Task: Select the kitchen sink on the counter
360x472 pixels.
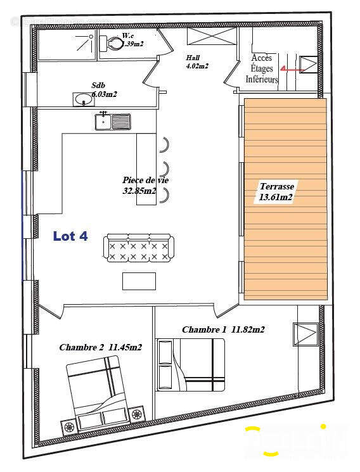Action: [112, 120]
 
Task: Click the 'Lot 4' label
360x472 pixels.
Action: [70, 236]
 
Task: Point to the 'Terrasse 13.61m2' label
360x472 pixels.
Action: [276, 192]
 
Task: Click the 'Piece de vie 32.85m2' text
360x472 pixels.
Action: [145, 186]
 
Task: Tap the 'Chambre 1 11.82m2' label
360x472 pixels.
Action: [222, 329]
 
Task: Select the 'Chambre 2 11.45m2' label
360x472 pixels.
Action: [100, 347]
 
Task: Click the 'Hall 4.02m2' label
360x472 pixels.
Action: [197, 61]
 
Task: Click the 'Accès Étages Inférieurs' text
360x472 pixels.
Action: [262, 69]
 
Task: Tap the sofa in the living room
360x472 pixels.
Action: [138, 248]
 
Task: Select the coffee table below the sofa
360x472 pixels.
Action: [139, 280]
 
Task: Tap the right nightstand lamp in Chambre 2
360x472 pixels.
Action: [136, 415]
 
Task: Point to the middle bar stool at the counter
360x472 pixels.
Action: [165, 169]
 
